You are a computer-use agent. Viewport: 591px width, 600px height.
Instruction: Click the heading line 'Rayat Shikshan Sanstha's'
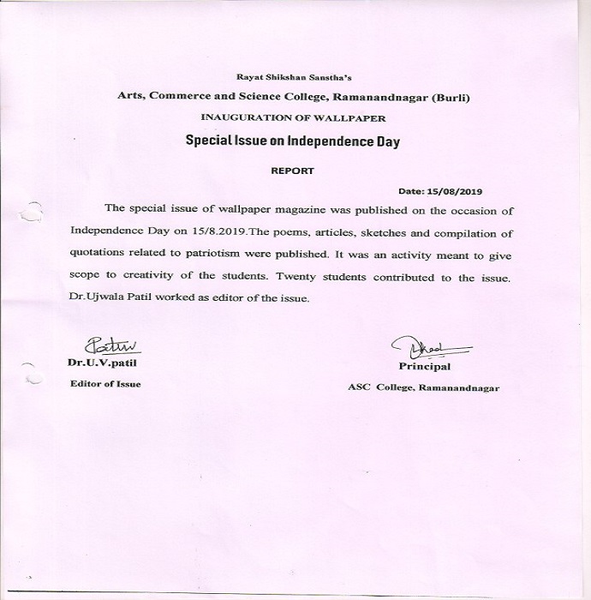294,76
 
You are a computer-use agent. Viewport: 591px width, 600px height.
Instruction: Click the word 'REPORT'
292,171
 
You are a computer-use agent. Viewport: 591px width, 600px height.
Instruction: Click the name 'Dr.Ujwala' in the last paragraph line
94,298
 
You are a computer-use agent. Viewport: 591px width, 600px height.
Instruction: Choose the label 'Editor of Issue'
105,384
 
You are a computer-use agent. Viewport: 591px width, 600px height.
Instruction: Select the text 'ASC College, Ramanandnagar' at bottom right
423,387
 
